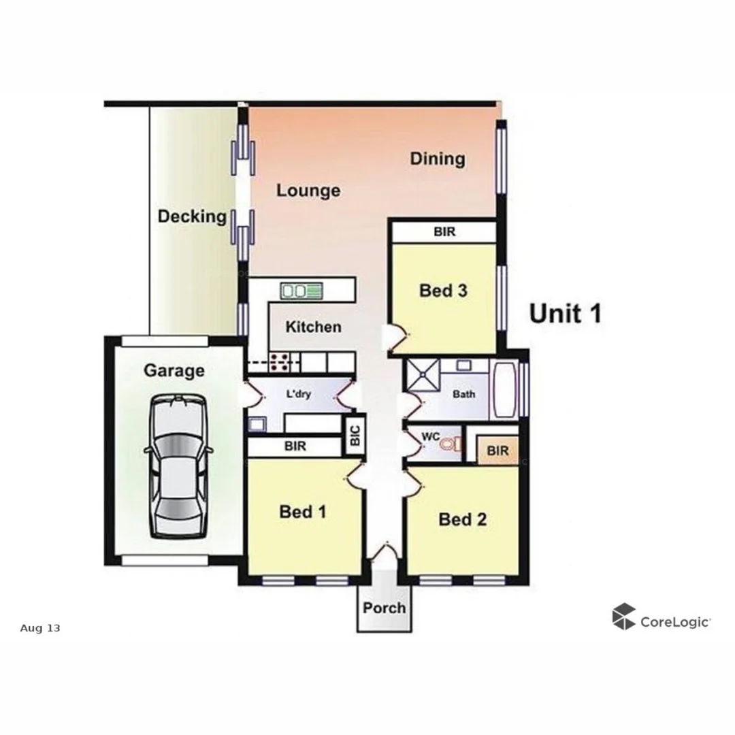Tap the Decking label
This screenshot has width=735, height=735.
point(192,216)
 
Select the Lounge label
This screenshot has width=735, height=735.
point(308,191)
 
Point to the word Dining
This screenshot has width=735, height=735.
point(438,159)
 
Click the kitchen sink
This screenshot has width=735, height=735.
point(301,291)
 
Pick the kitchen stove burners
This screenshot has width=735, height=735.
point(279,362)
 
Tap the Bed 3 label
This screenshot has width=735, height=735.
point(443,291)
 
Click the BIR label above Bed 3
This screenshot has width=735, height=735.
point(444,232)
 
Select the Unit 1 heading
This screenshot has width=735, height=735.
point(565,314)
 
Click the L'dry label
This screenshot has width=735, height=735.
point(299,394)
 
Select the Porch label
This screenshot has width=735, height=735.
point(384,608)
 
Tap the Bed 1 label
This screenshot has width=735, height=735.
point(303,512)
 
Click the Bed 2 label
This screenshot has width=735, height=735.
point(463,520)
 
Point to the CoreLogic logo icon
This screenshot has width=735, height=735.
point(623,617)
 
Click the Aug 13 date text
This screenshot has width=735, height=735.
point(40,628)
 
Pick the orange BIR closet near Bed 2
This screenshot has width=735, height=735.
point(497,451)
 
